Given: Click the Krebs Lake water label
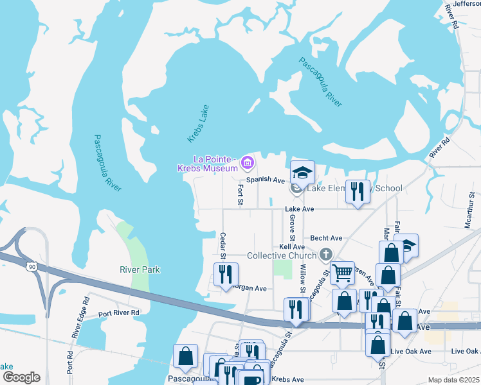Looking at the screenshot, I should click(198, 123).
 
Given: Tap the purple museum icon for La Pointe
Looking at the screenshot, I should click(246, 164).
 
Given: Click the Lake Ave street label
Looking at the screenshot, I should click(300, 209).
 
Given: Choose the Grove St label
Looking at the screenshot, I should click(292, 223).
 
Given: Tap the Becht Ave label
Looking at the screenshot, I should click(326, 237).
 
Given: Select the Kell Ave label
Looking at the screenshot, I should click(292, 246).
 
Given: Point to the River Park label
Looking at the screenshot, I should click(140, 269).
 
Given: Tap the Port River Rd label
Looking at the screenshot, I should click(119, 313).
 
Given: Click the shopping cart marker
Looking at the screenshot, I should click(342, 272).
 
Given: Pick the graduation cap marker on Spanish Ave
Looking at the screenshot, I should click(302, 172).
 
